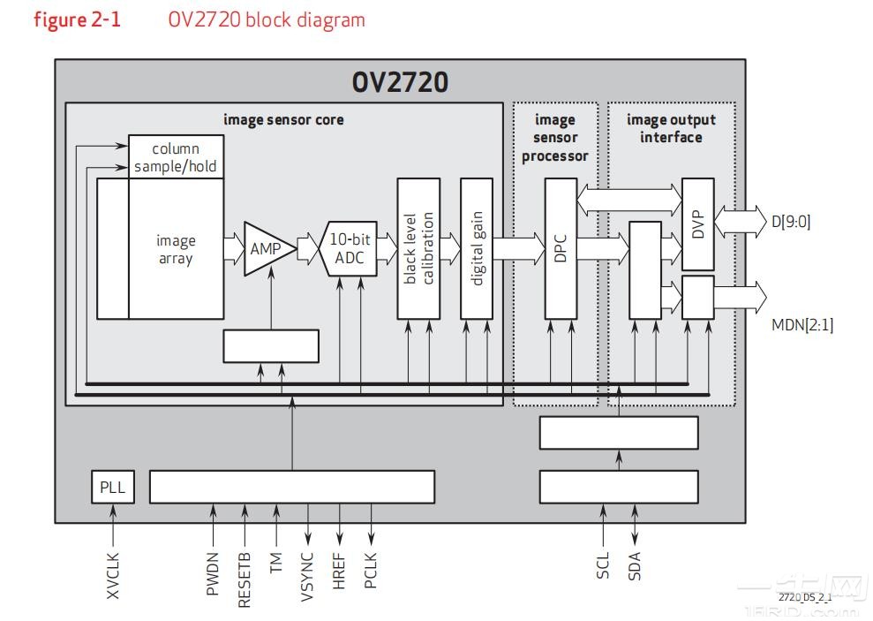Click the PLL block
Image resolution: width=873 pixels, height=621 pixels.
113,487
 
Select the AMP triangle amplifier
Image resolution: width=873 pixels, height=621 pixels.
265,249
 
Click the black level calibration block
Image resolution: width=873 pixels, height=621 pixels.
418,248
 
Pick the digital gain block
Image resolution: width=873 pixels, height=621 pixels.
477,248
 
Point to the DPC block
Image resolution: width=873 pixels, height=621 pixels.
561,248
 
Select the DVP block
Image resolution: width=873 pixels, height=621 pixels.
698,223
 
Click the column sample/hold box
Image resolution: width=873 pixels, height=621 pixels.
175,157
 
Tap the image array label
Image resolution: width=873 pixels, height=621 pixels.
175,249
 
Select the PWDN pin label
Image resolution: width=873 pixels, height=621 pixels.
213,573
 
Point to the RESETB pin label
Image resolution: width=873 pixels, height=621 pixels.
245,579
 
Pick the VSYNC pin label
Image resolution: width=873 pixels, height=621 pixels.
307,577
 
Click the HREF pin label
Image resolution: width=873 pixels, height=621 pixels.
339,572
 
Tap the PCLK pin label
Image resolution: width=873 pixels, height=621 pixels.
371,572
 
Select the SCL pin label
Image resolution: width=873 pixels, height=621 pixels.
603,565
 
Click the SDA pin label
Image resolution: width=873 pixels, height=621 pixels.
634,566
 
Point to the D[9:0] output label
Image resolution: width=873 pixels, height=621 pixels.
790,221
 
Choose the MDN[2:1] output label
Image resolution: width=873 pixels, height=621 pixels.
801,324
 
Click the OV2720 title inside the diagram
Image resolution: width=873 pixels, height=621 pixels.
400,82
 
